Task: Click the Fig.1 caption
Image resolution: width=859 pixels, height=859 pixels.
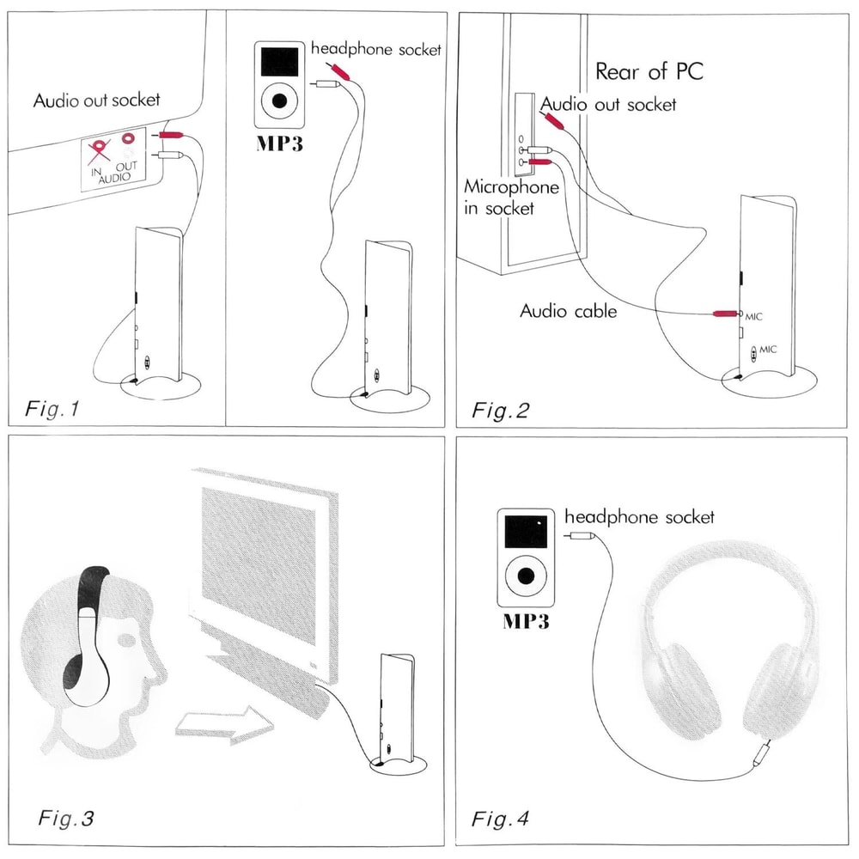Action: point(54,409)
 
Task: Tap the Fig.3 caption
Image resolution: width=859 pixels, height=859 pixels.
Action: point(65,817)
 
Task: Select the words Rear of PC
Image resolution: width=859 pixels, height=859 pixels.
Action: point(649,70)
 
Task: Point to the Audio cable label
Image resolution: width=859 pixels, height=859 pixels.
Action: point(568,310)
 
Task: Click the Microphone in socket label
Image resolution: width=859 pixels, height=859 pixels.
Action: point(511,197)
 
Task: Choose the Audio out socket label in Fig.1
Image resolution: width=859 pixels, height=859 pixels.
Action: point(96,100)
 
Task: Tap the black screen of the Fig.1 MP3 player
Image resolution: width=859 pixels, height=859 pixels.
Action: point(279,60)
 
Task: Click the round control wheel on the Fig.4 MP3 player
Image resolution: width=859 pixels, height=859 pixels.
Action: point(524,575)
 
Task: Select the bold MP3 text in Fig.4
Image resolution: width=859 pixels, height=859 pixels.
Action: point(525,622)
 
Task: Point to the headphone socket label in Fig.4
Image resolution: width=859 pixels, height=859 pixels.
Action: point(638,517)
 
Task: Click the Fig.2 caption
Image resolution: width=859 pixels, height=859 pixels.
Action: point(501,409)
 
